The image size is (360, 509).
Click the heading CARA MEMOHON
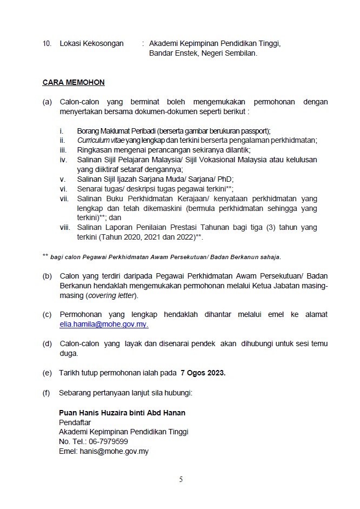[74, 83]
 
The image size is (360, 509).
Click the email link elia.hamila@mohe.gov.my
[104, 324]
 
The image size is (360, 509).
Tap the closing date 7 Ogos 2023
[204, 373]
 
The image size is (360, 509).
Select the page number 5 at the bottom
[181, 479]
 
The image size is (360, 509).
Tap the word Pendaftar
[75, 422]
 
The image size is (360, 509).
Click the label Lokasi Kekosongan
[91, 43]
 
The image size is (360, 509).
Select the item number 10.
[46, 43]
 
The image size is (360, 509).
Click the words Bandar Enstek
[172, 54]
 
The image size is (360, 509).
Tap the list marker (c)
[47, 314]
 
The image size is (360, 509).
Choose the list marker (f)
[47, 393]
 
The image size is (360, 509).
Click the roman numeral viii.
[64, 228]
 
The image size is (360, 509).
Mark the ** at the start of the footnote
[45, 256]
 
